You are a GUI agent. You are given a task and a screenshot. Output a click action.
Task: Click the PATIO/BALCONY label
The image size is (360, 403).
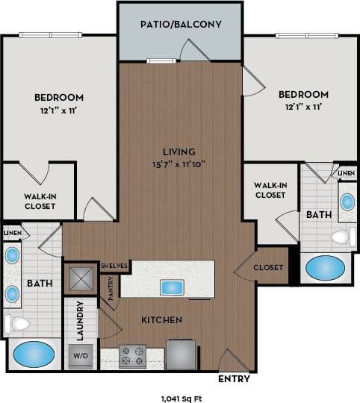(x=181, y=24)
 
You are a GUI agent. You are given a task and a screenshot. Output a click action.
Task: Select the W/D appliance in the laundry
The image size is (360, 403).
(x=79, y=356)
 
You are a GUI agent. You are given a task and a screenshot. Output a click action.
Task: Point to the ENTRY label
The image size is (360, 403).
(x=234, y=378)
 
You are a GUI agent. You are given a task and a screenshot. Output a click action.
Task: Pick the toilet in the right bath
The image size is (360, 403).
(x=341, y=238)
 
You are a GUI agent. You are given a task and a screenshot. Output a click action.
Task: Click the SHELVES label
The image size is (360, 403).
(x=115, y=266)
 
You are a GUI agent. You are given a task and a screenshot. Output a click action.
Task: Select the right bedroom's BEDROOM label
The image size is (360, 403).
(x=303, y=95)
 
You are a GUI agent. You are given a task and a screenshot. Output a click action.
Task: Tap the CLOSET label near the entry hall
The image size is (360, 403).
(x=268, y=267)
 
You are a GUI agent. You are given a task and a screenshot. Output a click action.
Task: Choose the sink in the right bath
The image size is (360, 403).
(x=347, y=201)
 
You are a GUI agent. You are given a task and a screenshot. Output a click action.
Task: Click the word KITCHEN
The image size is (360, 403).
(x=162, y=319)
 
